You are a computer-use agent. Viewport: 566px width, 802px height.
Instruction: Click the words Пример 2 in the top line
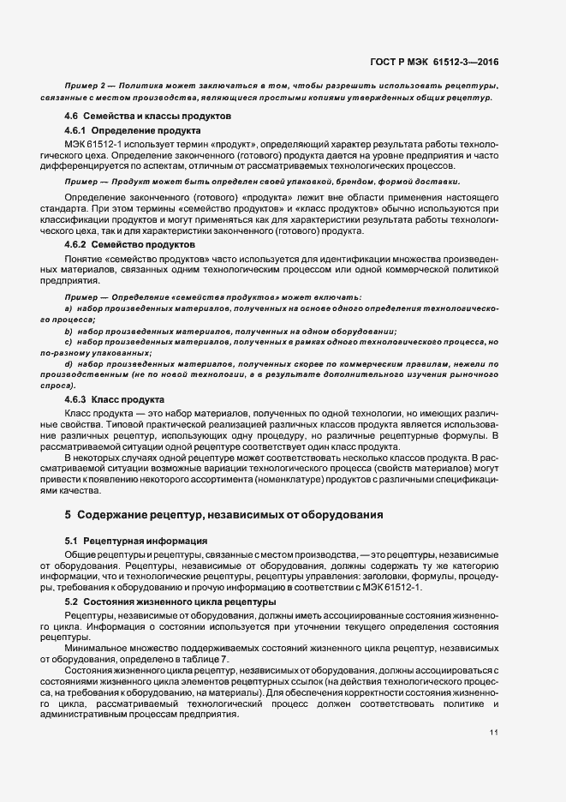pos(84,87)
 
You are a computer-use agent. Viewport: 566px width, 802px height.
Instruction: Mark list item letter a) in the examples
pos(68,307)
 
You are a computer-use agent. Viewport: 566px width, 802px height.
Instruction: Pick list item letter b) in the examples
pos(68,331)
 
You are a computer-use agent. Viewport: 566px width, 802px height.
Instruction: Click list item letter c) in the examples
pos(68,342)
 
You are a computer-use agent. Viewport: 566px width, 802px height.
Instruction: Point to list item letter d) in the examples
pos(68,364)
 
